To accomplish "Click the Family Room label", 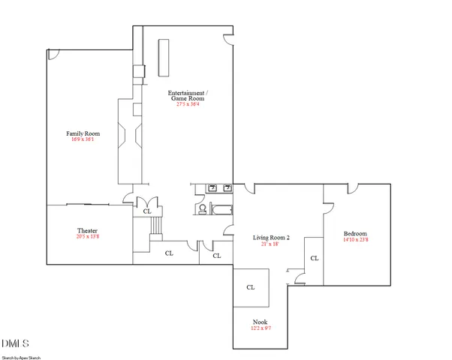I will pyautogui.click(x=83, y=133).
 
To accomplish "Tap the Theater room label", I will pyautogui.click(x=87, y=230).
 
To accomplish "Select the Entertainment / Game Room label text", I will pyautogui.click(x=187, y=95).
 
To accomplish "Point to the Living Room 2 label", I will pyautogui.click(x=270, y=238).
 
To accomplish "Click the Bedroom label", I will pyautogui.click(x=356, y=233).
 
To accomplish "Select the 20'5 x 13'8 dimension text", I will pyautogui.click(x=87, y=237).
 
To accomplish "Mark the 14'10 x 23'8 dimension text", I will pyautogui.click(x=356, y=240).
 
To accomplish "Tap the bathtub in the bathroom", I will pyautogui.click(x=221, y=210).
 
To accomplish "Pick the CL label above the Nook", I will pyautogui.click(x=250, y=287).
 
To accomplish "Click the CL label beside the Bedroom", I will pyautogui.click(x=314, y=258).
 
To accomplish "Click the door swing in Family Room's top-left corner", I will pyautogui.click(x=52, y=55).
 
